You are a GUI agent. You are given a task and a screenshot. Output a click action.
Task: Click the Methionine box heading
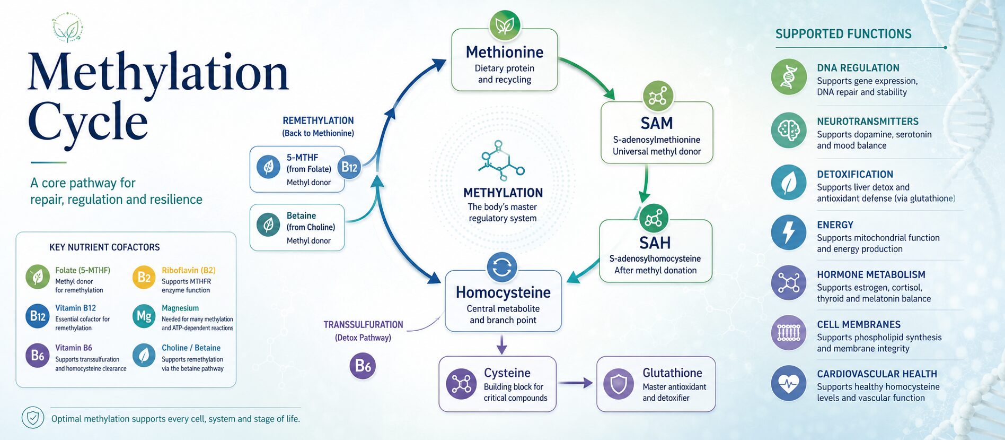[x=505, y=52]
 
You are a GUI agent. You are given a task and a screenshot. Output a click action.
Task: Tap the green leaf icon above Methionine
[x=505, y=25]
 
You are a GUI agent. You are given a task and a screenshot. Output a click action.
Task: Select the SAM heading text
[x=657, y=123]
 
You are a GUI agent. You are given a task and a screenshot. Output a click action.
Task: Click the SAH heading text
[x=655, y=243]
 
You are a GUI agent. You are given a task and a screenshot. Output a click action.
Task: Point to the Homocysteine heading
[x=503, y=292]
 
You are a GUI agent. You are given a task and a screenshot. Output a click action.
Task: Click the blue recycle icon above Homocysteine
[x=502, y=267]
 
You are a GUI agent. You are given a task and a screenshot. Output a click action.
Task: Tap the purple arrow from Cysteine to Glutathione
[x=576, y=383]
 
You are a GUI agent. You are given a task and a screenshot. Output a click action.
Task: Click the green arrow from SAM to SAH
[x=645, y=184]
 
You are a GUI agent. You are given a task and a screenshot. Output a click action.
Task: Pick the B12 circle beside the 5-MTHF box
[x=349, y=167]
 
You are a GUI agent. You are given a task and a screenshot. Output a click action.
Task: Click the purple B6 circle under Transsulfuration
[x=363, y=366]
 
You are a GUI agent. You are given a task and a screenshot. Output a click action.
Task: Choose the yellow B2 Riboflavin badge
[x=144, y=277]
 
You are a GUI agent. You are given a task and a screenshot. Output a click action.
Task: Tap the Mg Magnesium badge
[x=144, y=316]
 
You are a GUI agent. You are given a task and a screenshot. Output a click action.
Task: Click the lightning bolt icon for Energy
[x=789, y=232]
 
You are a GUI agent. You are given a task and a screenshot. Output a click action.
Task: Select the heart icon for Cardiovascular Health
[x=789, y=383]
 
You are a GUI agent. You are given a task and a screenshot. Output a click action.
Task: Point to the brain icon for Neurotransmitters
[x=789, y=130]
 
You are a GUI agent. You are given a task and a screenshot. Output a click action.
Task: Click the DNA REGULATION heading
[x=858, y=68]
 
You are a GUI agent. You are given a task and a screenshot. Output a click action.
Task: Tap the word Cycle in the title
[x=88, y=122]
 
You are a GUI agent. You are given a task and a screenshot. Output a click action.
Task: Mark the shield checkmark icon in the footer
[x=33, y=418]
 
